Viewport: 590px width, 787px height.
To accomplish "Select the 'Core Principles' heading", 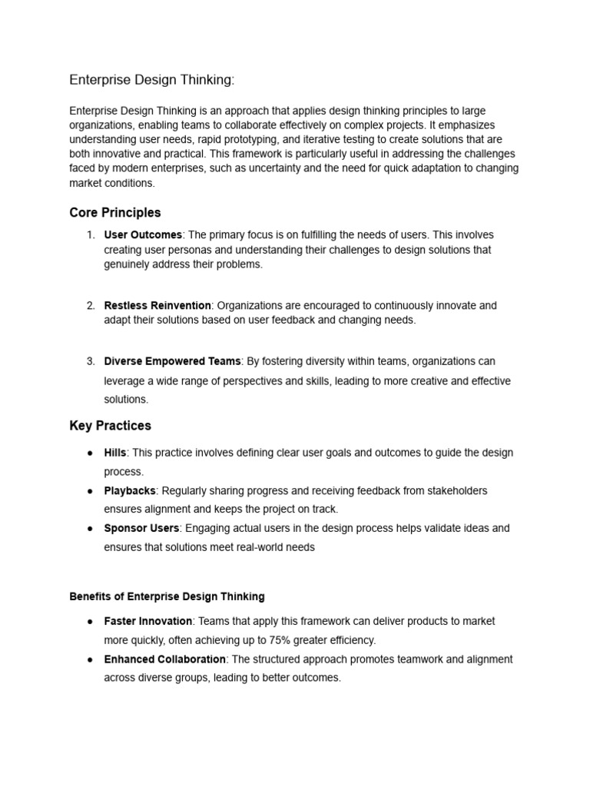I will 114,212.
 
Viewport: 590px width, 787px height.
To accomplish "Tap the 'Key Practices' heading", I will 110,425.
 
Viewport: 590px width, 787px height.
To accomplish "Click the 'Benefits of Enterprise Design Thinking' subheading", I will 167,596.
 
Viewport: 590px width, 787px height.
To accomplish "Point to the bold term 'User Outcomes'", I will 143,235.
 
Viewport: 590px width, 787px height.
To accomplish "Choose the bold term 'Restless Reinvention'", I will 157,305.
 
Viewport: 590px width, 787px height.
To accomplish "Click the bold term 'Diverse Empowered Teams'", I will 172,361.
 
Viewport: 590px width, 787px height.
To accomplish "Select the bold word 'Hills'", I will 116,453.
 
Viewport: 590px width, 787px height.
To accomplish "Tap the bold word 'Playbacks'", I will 130,490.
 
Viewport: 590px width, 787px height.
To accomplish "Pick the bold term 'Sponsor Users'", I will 141,528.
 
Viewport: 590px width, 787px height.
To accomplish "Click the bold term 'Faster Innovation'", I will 147,621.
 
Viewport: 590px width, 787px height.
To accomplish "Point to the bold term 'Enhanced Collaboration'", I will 164,659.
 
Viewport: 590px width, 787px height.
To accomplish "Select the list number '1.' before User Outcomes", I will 90,235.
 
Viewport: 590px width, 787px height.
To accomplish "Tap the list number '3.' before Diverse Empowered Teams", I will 90,361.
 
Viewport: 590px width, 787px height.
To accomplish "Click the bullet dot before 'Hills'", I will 91,453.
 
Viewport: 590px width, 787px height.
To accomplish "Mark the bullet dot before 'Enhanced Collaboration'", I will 91,660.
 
